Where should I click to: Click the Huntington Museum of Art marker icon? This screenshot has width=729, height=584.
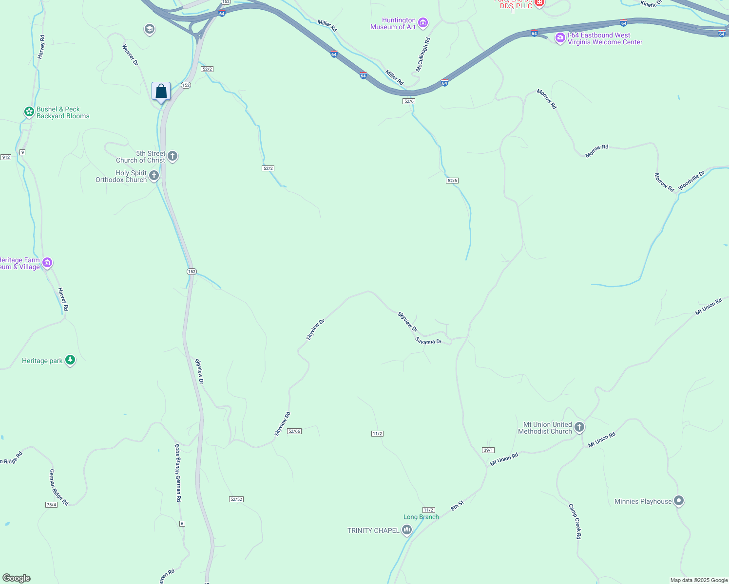(423, 23)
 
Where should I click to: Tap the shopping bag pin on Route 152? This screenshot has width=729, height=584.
(161, 91)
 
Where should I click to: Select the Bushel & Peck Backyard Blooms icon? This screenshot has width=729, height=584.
(29, 112)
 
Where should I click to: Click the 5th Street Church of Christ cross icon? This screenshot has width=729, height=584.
(173, 156)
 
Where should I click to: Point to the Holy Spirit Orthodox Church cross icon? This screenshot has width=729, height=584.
(154, 176)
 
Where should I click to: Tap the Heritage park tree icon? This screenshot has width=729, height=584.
(70, 360)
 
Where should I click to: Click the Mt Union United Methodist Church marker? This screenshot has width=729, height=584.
(579, 427)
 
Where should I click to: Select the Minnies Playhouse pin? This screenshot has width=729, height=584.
(678, 501)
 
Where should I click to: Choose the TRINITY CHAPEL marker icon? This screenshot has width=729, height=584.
(406, 530)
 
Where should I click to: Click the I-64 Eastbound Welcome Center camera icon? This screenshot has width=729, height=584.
(560, 37)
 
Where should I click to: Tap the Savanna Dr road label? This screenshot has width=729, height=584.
(428, 341)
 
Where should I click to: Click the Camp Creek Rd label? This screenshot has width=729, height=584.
(575, 521)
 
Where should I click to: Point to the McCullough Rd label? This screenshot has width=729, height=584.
(422, 55)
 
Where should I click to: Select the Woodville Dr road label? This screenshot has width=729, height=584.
(691, 181)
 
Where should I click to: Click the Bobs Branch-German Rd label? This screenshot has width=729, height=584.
(178, 473)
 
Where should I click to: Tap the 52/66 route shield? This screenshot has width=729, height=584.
(294, 431)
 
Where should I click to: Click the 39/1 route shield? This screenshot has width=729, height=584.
(488, 450)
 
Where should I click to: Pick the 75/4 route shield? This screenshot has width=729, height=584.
(51, 505)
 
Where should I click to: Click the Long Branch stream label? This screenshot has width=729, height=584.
(421, 517)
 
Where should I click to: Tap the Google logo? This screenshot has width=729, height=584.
(17, 578)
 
